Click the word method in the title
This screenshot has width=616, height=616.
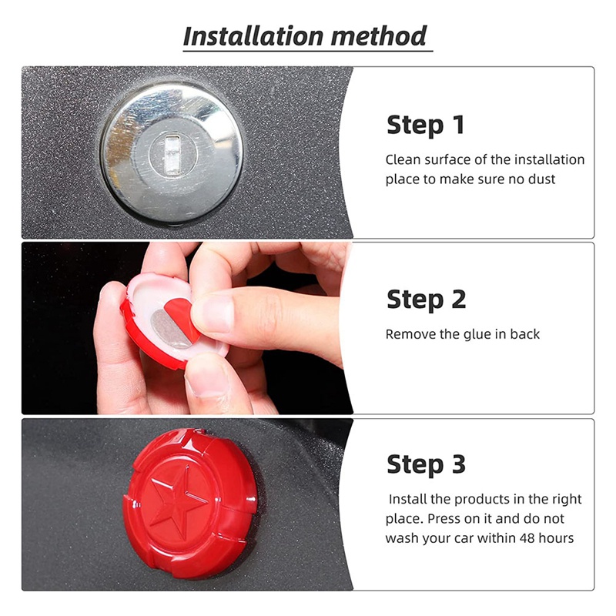click(378, 36)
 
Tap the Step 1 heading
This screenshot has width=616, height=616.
click(426, 125)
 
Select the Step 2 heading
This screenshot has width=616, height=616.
click(427, 300)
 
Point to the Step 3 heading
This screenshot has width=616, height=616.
click(427, 464)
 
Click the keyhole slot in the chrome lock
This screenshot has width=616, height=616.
click(172, 153)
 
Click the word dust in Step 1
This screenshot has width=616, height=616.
click(542, 179)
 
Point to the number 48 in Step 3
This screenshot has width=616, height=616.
click(528, 537)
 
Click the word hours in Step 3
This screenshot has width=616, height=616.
click(557, 537)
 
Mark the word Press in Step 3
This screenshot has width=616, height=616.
click(444, 518)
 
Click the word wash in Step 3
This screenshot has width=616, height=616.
click(400, 537)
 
